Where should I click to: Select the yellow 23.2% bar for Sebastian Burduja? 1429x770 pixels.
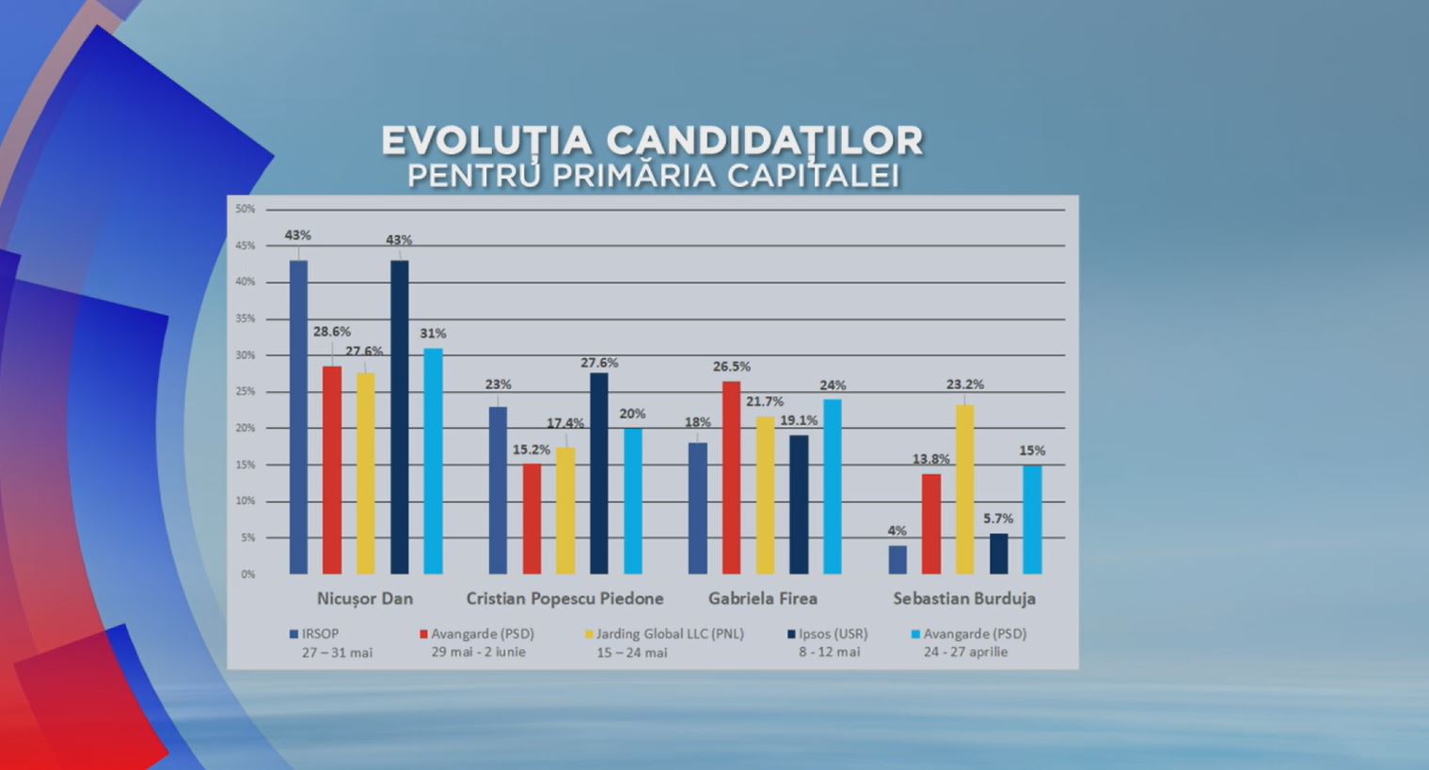coord(964,489)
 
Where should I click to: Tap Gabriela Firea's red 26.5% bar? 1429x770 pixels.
coord(731,478)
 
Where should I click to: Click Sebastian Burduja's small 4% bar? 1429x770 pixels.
coord(897,559)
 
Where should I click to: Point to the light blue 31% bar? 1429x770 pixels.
coord(433,461)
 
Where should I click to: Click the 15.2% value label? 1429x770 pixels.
coord(531,450)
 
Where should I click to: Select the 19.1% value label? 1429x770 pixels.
coord(799,420)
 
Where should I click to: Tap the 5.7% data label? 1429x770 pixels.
coord(998,519)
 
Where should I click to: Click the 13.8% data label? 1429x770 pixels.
coord(930,459)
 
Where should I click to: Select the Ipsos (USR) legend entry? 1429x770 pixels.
coord(833,634)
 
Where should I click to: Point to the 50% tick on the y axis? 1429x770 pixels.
coord(245,209)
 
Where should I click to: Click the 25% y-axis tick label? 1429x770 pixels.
coord(245,391)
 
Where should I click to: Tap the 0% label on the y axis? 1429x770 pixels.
coord(247,574)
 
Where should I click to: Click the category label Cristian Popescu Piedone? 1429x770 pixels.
coord(564,599)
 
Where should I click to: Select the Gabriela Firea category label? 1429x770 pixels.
coord(762,599)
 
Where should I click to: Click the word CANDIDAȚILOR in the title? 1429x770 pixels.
coord(764,141)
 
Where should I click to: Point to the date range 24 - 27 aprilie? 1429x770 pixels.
coord(965,652)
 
